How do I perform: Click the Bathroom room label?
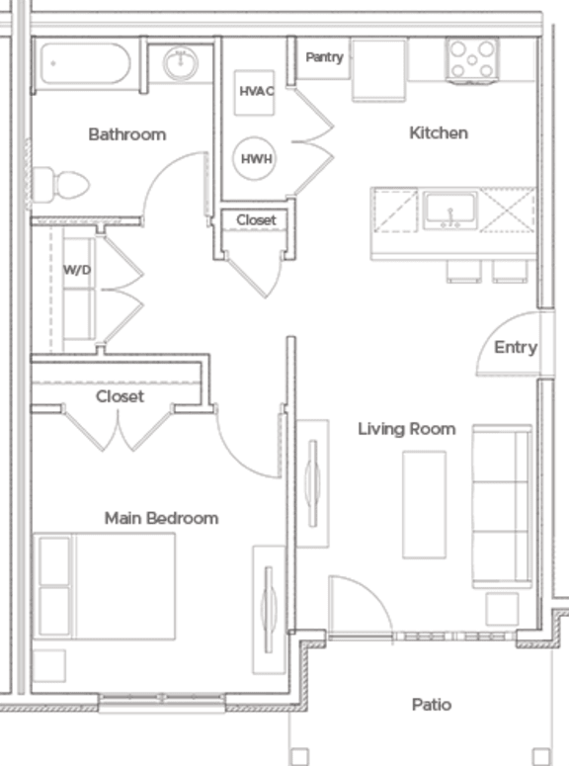click(126, 133)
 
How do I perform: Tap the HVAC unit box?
click(255, 91)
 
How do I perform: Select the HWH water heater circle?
click(254, 158)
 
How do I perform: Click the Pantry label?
click(323, 57)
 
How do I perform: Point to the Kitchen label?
click(438, 132)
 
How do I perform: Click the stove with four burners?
click(473, 59)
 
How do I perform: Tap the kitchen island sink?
click(449, 211)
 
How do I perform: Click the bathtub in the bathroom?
click(84, 64)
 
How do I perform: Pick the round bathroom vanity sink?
click(181, 64)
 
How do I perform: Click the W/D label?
click(77, 270)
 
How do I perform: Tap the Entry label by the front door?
click(515, 347)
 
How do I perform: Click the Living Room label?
click(406, 428)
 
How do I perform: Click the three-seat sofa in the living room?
click(501, 506)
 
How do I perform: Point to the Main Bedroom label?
click(161, 517)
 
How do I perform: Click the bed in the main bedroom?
click(104, 586)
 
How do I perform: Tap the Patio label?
click(432, 704)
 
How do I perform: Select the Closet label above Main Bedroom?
click(120, 396)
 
